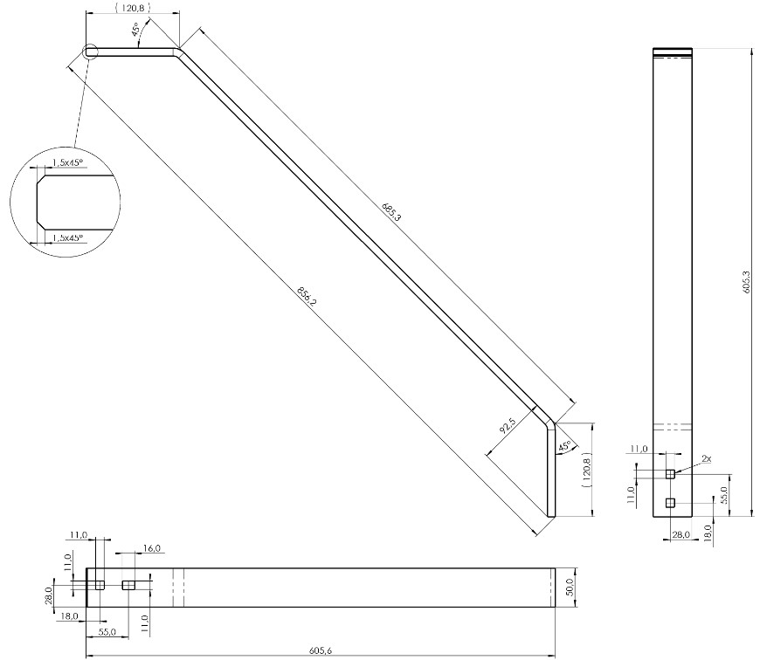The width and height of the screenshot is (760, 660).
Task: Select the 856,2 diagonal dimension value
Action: point(307,296)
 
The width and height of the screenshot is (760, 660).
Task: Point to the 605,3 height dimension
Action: point(746,281)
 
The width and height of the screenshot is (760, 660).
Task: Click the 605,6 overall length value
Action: point(321,650)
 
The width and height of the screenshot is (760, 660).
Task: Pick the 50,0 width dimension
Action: point(570,587)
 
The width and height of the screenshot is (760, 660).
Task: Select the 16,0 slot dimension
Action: point(151,548)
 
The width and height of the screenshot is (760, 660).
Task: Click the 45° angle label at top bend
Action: point(136,29)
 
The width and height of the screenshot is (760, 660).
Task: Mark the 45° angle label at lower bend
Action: point(563,446)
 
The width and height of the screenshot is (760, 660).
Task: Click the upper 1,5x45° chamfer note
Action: point(67,162)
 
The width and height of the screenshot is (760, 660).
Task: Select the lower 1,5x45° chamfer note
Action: point(67,237)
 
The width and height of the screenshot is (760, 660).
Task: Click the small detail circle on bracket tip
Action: point(90,52)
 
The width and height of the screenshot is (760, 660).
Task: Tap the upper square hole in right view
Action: point(670,473)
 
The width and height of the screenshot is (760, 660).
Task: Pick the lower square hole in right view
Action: point(670,502)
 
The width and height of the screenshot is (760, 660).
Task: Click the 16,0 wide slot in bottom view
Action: point(128,585)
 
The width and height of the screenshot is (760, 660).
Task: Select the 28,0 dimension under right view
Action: point(681,534)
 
